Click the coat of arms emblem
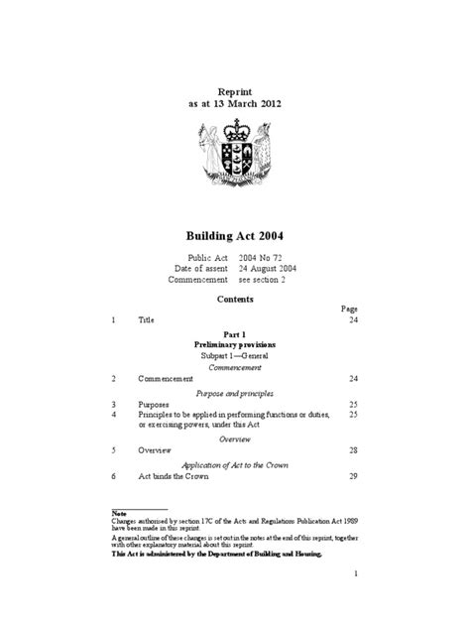pos(235,159)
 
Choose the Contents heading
pos(235,298)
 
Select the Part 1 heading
pos(235,334)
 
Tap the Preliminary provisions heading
pos(235,344)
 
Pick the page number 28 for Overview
pos(352,450)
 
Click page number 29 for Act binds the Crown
pos(352,477)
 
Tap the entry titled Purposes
pos(154,405)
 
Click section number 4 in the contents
pos(113,415)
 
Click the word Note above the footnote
pos(117,513)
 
